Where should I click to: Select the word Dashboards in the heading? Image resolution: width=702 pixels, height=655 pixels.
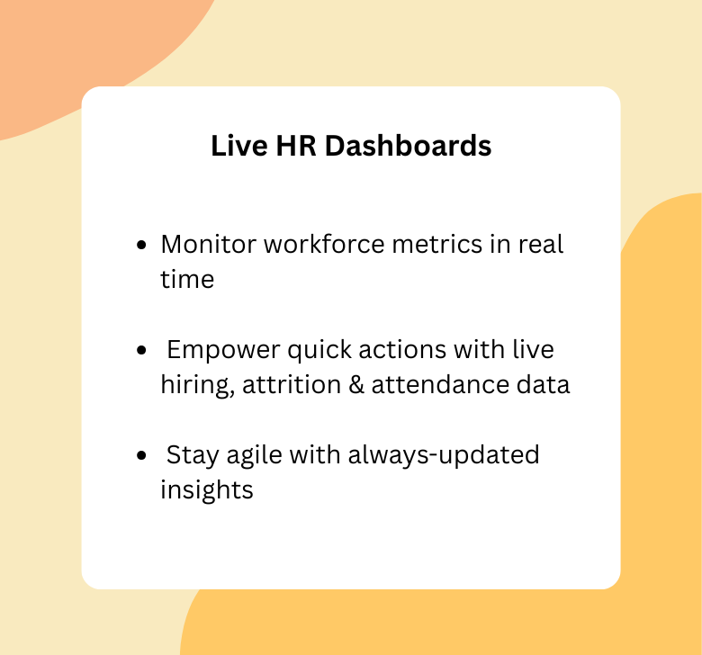[408, 146]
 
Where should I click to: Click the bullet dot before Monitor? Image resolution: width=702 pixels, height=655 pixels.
[141, 246]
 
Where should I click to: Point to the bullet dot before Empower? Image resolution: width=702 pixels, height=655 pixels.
[141, 350]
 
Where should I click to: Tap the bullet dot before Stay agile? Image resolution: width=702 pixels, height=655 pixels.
[141, 456]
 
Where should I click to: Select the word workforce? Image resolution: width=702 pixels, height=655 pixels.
[318, 245]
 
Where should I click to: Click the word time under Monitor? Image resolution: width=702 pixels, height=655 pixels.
[187, 279]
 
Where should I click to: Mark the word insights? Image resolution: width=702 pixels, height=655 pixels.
[207, 490]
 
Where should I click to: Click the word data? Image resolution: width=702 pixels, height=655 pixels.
[543, 385]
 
